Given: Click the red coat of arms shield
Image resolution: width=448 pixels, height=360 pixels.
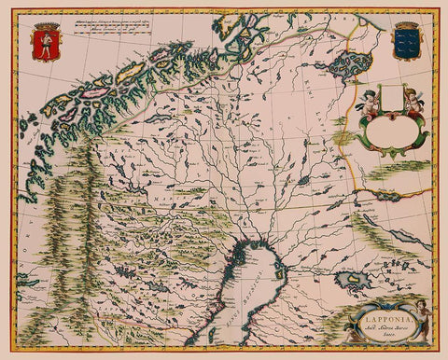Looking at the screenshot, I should point(43,44).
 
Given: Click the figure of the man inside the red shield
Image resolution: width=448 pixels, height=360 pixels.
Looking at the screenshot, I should point(43,45).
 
